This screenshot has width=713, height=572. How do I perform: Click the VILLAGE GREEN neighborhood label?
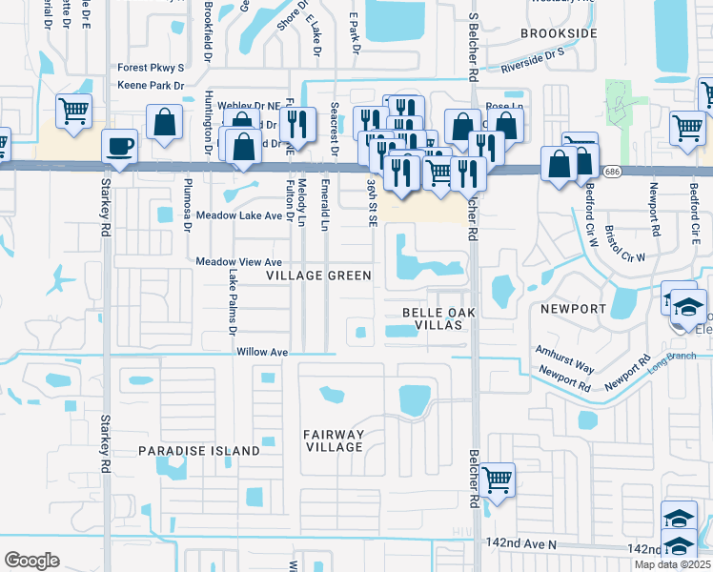318,276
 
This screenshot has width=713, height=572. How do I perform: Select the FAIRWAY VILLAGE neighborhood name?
334,440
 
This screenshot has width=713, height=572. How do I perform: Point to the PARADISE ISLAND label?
199,450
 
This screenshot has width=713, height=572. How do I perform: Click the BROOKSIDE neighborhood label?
559,33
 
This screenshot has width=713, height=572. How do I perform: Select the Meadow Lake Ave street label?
239,216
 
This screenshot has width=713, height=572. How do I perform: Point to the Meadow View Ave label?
239,262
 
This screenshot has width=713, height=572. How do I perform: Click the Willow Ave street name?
263,352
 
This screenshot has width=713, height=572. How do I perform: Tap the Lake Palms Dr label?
232,301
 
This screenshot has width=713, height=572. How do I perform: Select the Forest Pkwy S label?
151,68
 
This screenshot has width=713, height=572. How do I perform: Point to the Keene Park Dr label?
151,85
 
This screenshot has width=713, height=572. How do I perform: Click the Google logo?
32,561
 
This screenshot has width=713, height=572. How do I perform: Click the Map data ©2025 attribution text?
671,564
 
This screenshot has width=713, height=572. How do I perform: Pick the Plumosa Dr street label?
188,197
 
